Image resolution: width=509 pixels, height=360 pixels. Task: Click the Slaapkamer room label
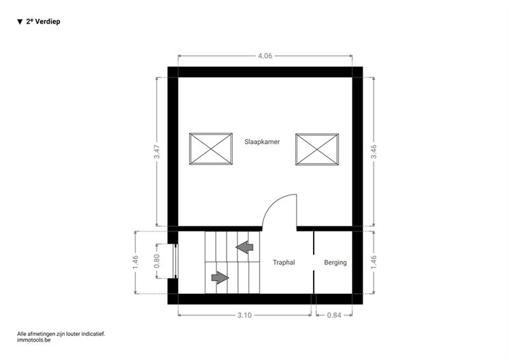click(x=262, y=142)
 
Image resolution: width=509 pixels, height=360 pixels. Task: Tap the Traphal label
click(x=284, y=262)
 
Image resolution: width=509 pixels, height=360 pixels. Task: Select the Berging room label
click(x=335, y=262)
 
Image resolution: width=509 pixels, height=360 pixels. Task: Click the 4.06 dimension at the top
click(x=265, y=56)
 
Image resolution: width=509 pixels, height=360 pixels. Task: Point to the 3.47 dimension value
click(x=157, y=151)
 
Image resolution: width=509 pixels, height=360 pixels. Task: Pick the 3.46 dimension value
click(x=373, y=151)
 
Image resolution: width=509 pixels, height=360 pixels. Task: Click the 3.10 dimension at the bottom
click(x=244, y=315)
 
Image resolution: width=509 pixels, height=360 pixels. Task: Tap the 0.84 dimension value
click(x=334, y=315)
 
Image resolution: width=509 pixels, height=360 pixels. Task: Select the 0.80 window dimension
click(x=157, y=261)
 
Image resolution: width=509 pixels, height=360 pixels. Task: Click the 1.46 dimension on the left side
click(x=136, y=262)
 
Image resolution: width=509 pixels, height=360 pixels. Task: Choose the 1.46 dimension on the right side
click(x=373, y=262)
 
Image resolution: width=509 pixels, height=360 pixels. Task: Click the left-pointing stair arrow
click(x=244, y=247)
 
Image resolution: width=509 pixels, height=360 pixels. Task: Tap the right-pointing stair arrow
click(x=220, y=277)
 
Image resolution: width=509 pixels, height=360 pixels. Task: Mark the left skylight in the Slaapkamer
click(x=211, y=149)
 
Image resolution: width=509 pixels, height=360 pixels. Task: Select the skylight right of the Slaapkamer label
click(x=317, y=149)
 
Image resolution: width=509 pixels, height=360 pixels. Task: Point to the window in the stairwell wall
click(x=176, y=261)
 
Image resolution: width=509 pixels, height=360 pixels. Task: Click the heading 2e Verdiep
click(x=43, y=22)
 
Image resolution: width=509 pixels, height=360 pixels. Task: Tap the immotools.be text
click(x=34, y=340)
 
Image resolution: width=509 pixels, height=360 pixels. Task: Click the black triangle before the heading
click(x=20, y=22)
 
